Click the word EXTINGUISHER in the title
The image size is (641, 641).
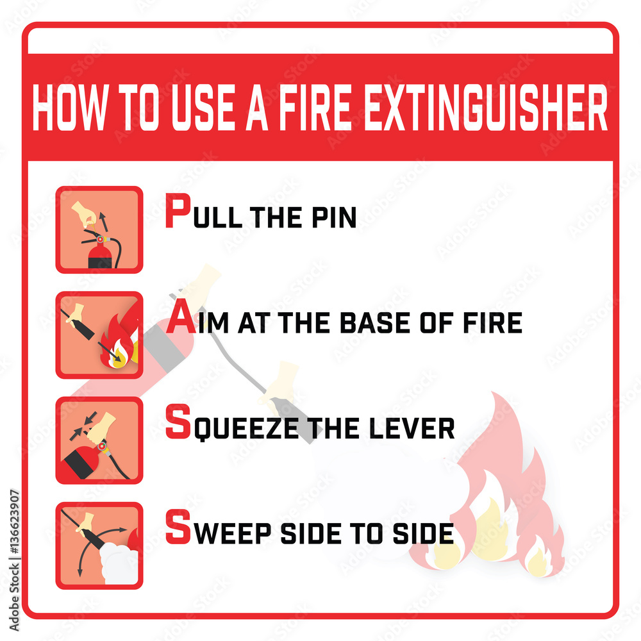[x=485, y=107]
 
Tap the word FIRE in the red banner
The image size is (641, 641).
[x=315, y=107]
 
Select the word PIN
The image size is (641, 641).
[x=334, y=217]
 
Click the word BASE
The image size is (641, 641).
[x=375, y=322]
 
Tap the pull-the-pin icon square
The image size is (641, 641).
[x=99, y=229]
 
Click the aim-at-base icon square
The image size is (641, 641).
[x=99, y=335]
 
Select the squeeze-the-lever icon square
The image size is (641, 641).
[x=99, y=440]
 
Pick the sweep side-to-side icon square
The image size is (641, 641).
[x=99, y=545]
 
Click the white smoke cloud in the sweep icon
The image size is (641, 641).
[x=119, y=563]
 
